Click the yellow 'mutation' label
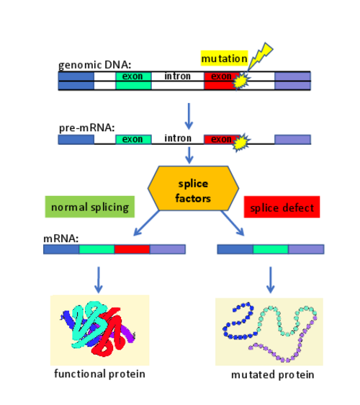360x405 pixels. [224, 58]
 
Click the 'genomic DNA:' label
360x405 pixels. [95, 65]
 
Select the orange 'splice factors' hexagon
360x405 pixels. [193, 188]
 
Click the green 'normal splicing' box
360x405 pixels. [90, 207]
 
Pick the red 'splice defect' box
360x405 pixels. [282, 207]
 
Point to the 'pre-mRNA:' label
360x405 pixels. [86, 128]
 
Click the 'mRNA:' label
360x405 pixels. [60, 239]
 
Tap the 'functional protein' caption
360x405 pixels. [99, 374]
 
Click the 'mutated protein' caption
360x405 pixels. [272, 375]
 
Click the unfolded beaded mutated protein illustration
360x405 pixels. [270, 332]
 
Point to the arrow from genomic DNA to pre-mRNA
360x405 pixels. [189, 116]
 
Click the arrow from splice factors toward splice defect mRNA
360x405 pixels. [233, 223]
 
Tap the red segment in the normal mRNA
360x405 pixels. [132, 249]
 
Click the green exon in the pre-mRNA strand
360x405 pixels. [133, 139]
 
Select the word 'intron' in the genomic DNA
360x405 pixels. [178, 76]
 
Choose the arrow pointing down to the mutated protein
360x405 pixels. [271, 280]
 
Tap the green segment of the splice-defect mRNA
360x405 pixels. [271, 249]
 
